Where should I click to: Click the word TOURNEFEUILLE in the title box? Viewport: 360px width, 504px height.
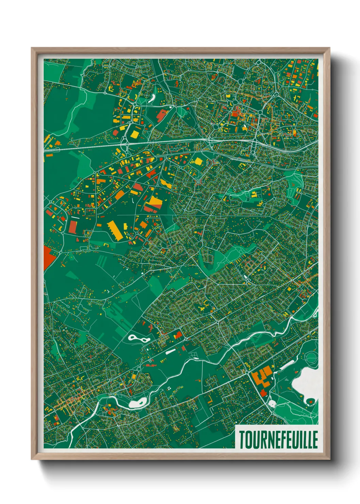click(278, 440)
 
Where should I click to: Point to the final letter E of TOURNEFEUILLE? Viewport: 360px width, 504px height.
click(315, 440)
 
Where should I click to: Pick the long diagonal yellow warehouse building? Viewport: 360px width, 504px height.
click(114, 230)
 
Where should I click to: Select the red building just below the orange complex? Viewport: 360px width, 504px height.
click(263, 393)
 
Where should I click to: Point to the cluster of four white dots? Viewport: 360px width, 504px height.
click(169, 389)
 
